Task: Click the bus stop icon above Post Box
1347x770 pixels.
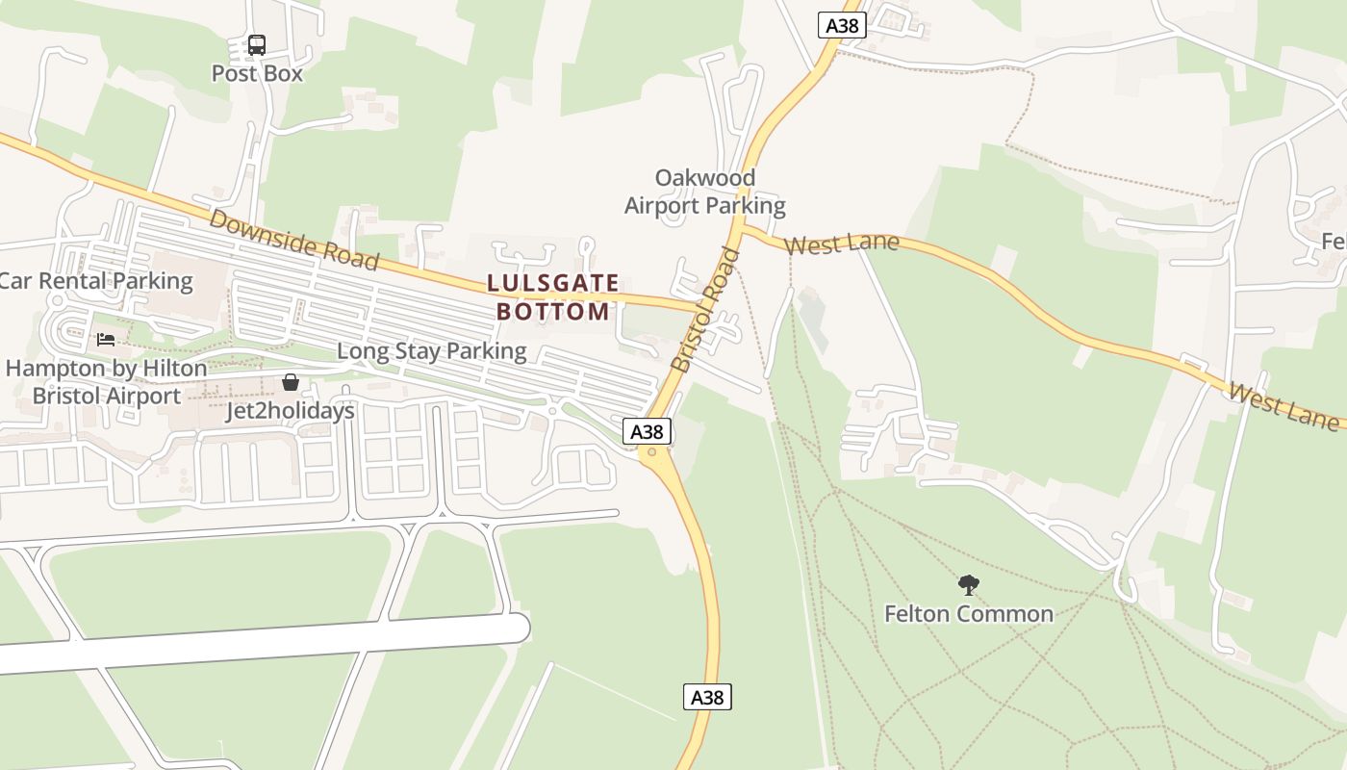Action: pos(257,44)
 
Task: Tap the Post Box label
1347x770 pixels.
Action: pos(257,74)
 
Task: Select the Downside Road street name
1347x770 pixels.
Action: pos(293,240)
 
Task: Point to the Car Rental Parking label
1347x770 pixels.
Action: pos(95,281)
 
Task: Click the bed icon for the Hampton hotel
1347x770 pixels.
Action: pos(106,339)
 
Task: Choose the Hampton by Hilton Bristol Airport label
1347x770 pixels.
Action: pos(106,382)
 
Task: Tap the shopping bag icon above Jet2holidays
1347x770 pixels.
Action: pos(290,383)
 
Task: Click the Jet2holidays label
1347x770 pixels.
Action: pos(290,411)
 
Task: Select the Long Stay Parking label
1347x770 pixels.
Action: pos(431,351)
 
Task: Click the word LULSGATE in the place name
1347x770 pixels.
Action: pos(553,283)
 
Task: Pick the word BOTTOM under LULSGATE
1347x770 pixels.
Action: pos(553,312)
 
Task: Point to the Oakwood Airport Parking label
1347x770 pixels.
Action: pos(705,192)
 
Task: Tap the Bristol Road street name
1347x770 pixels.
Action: pos(705,310)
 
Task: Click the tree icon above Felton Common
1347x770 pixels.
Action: pos(968,584)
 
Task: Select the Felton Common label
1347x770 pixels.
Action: pos(969,614)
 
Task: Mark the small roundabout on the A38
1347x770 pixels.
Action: pos(652,451)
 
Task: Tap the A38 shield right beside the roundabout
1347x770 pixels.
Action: pos(647,431)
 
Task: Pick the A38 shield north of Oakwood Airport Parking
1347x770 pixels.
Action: pos(842,25)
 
